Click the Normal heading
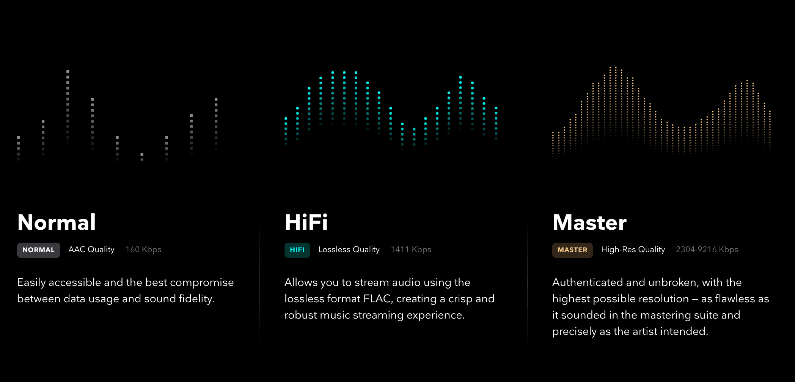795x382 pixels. [x=57, y=222]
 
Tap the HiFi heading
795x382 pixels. [x=306, y=222]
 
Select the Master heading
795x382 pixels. [x=589, y=222]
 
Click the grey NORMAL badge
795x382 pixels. [x=39, y=250]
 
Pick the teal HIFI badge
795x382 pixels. [x=297, y=250]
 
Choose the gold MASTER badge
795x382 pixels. [x=572, y=250]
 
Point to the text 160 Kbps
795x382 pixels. [x=143, y=249]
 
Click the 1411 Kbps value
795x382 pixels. [x=411, y=249]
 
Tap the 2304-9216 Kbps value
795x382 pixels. [x=707, y=249]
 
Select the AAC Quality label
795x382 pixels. [x=91, y=249]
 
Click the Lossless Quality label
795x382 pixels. [x=349, y=249]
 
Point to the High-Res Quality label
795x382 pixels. [x=633, y=249]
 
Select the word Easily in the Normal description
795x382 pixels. [x=31, y=283]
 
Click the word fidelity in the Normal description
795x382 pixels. [x=197, y=299]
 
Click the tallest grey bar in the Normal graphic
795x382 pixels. [x=68, y=106]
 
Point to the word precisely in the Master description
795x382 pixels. [x=574, y=332]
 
